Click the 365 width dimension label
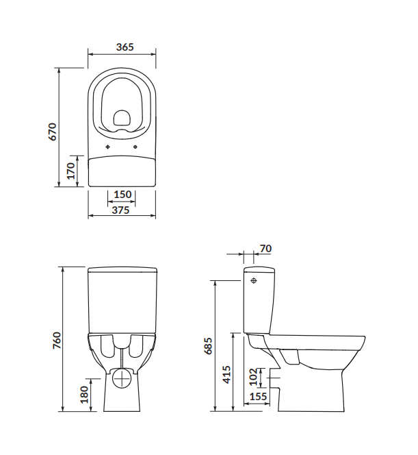click(x=125, y=47)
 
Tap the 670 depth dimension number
click(x=53, y=132)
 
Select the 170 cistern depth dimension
click(x=70, y=171)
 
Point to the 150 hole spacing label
click(x=122, y=194)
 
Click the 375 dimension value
click(x=121, y=210)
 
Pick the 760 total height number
click(x=57, y=341)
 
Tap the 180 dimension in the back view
click(x=84, y=395)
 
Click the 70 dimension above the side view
click(x=265, y=249)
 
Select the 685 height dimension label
click(x=208, y=345)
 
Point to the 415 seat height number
click(x=227, y=375)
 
